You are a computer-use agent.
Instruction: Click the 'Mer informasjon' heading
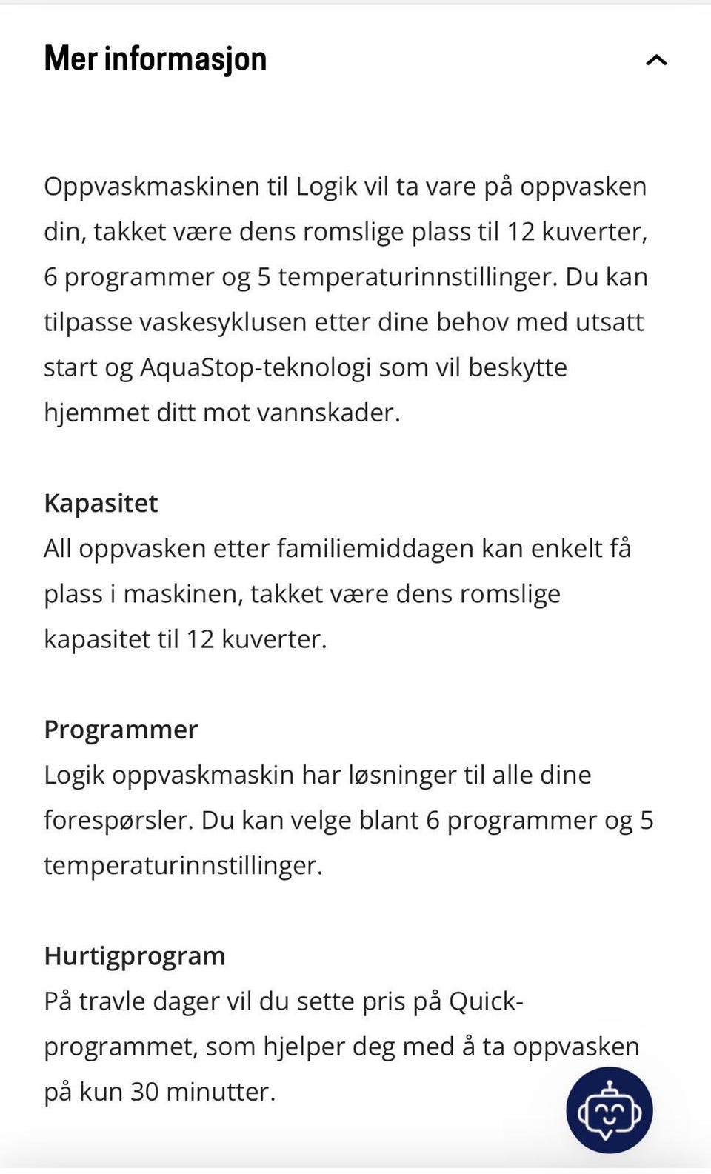[x=156, y=59]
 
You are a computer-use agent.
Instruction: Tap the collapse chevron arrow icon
[x=656, y=60]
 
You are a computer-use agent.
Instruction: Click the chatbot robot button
[x=609, y=1110]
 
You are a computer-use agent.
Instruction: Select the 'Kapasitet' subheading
[x=101, y=504]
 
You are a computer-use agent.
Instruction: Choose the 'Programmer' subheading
[x=121, y=730]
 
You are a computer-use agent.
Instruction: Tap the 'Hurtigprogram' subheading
[x=134, y=955]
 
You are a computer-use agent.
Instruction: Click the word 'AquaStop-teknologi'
[x=255, y=368]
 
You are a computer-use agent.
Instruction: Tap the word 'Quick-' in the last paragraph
[x=486, y=1001]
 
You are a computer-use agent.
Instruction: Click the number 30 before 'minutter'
[x=144, y=1092]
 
